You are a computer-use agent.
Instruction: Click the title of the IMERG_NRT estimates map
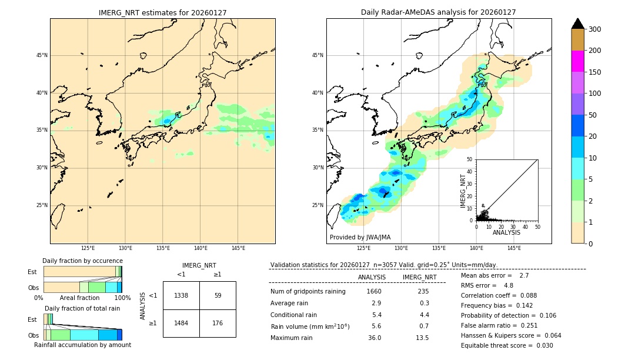coord(162,12)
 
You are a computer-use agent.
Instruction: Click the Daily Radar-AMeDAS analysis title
coord(438,12)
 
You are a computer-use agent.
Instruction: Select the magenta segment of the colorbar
coord(578,61)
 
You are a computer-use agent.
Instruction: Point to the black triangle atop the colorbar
coord(578,24)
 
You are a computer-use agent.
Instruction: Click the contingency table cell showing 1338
coord(181,295)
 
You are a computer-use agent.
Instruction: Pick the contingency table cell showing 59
coord(218,295)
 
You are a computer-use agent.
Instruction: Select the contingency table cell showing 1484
coord(181,323)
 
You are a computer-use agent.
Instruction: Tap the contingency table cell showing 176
coord(218,323)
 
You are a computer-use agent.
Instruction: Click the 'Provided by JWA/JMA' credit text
coord(360,237)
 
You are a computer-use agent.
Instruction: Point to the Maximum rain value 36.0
coord(375,338)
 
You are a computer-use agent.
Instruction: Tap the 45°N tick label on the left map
coord(42,55)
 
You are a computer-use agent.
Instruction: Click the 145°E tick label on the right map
coord(514,248)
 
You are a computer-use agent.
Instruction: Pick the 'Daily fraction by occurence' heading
coord(82,261)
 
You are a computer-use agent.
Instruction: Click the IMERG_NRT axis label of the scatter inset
coord(463,191)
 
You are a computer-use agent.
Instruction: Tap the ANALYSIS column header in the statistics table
coord(372,277)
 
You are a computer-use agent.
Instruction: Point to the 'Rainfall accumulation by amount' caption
coord(82,345)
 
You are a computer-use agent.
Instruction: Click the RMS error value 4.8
coord(509,285)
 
